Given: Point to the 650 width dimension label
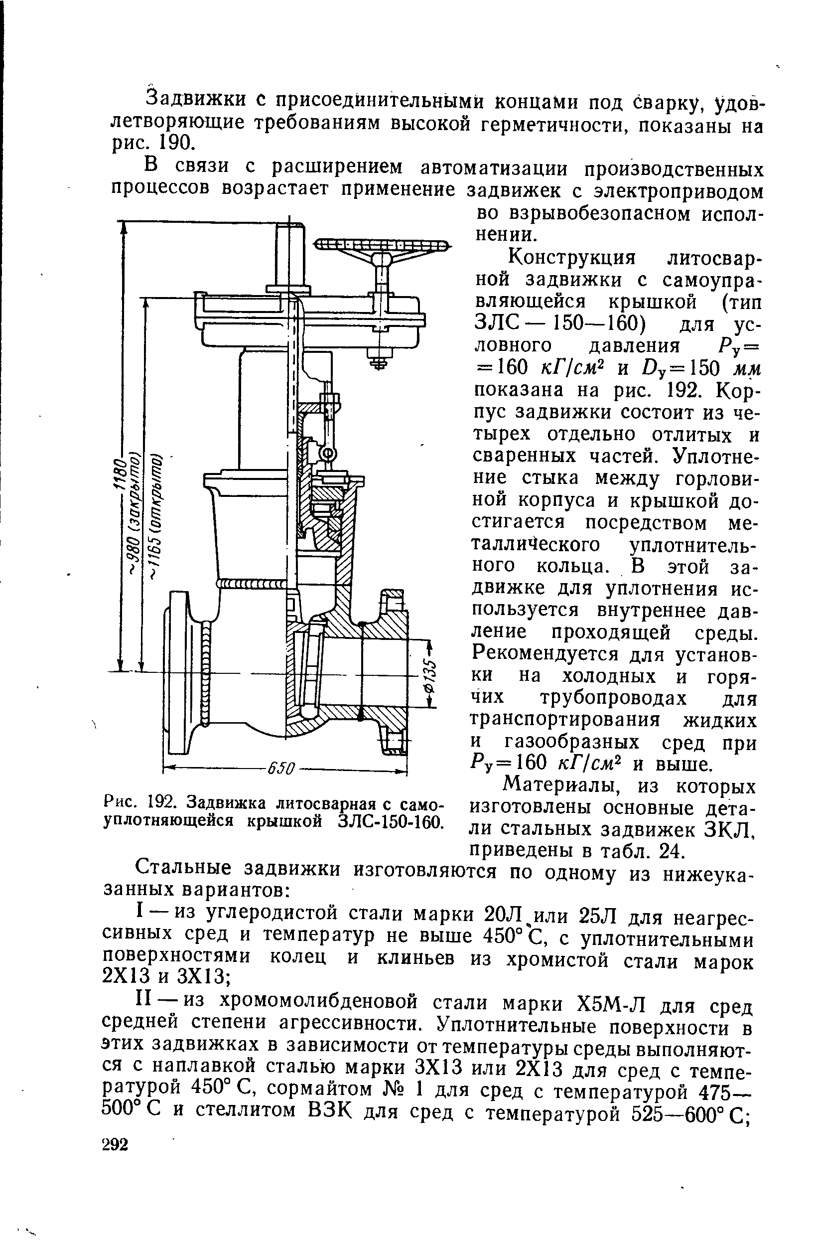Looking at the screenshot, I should pyautogui.click(x=281, y=769).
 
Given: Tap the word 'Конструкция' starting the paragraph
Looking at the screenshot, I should pyautogui.click(x=572, y=258).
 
